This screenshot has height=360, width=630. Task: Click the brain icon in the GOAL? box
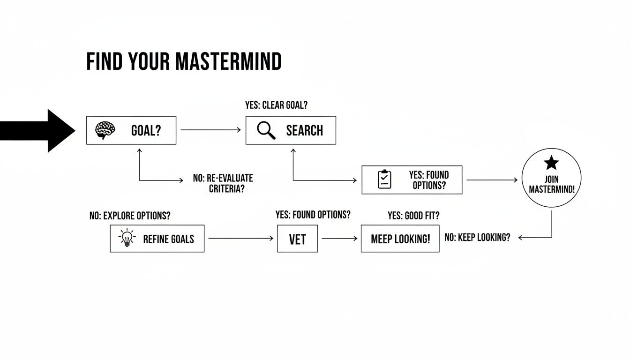coord(105,130)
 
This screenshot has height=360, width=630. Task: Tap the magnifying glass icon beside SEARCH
coord(266,130)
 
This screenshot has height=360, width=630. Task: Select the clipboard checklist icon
coord(384,180)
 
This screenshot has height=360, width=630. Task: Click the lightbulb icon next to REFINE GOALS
coord(127,239)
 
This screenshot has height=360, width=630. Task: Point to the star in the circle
coord(551,163)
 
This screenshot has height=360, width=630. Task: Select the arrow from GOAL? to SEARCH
coord(210,130)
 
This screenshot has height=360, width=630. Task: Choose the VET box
coord(297,239)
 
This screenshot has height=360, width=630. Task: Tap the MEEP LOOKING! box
coord(400,239)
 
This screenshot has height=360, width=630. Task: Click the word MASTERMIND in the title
coord(228,62)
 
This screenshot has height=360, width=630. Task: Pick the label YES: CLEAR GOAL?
coord(276,105)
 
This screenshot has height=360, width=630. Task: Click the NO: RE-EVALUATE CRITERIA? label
coord(223,184)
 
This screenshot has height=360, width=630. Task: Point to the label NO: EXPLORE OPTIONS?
coord(130,216)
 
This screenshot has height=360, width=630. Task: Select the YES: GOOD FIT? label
coord(413,216)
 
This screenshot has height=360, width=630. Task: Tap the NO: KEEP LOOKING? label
coord(477,237)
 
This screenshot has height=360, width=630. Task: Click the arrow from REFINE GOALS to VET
coord(240,239)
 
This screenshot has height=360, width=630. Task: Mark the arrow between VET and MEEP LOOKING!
coord(339,239)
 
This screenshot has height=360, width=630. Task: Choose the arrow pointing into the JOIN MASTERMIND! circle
coord(492,180)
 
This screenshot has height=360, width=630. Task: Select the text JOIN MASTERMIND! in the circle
coord(551,185)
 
